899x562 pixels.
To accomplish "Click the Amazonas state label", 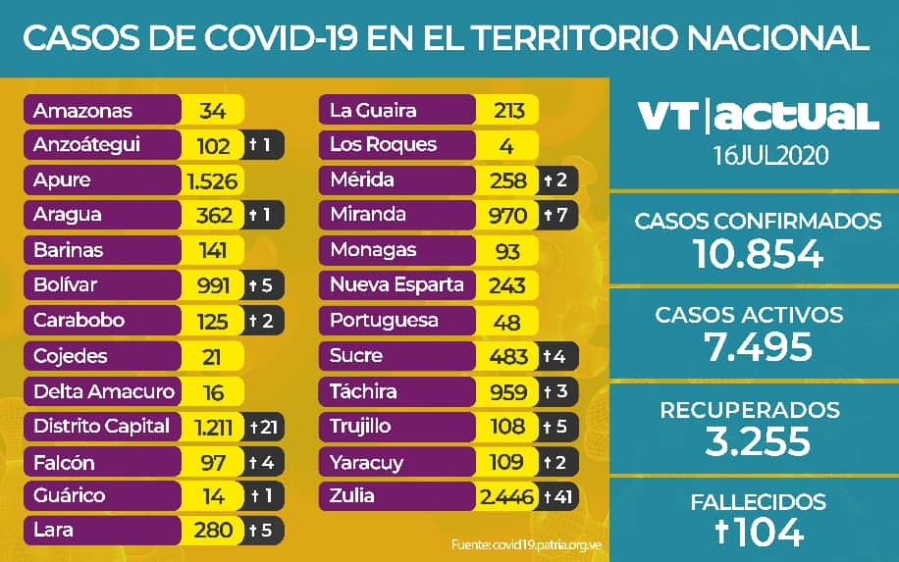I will tap(82, 110).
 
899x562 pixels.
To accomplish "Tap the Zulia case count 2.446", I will tap(506, 496).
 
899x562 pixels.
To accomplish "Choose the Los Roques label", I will tap(383, 145).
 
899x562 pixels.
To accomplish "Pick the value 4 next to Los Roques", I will tap(506, 146).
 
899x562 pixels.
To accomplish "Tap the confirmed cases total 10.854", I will tap(757, 254).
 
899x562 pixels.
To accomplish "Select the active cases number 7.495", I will tap(757, 346).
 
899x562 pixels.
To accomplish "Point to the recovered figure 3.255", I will tap(757, 441).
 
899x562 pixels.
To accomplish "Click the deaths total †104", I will tap(757, 533).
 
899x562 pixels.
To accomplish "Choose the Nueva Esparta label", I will tap(397, 285).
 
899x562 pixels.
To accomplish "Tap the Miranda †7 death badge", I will tap(556, 216).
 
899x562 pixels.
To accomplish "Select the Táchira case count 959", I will tap(508, 391).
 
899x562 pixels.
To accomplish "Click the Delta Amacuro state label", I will tap(103, 391).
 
